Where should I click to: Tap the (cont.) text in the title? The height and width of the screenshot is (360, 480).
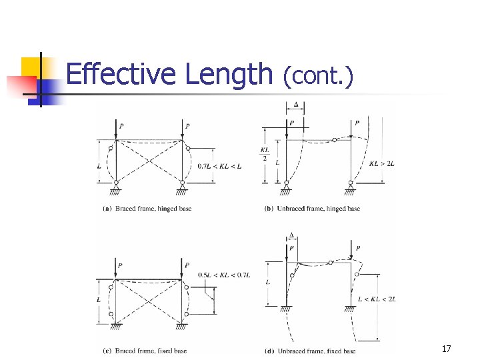pyautogui.click(x=317, y=76)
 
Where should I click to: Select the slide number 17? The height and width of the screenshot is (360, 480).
pyautogui.click(x=446, y=349)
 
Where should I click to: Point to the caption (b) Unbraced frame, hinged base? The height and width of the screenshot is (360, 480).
pyautogui.click(x=312, y=209)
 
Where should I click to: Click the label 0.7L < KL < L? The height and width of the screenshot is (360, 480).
pyautogui.click(x=219, y=166)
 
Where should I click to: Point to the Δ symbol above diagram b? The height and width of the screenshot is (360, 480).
pyautogui.click(x=296, y=105)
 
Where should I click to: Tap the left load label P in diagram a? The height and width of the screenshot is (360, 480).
pyautogui.click(x=121, y=125)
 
